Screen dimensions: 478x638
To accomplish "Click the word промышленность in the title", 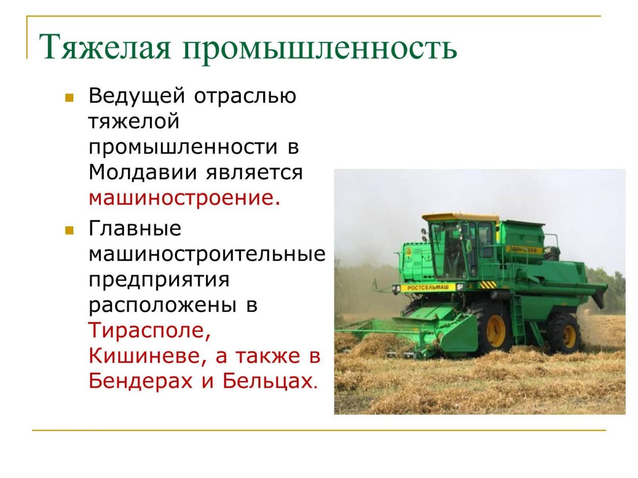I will coord(320,47).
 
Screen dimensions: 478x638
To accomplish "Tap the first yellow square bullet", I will coord(69,98).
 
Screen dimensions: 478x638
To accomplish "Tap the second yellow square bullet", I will coord(69,231).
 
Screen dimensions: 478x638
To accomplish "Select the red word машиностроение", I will coord(184,198).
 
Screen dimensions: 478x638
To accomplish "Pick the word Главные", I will coord(135,228).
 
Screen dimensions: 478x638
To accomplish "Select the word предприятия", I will coord(159,280).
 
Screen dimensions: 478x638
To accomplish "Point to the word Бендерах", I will coord(140,381).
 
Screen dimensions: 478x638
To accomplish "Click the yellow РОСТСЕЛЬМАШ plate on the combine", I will coord(427,288).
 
